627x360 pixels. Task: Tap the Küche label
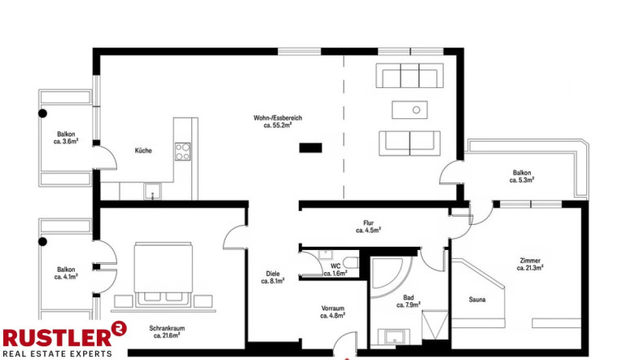(x=143, y=151)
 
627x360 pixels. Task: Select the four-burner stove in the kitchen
(x=182, y=151)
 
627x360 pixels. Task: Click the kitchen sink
(x=152, y=191)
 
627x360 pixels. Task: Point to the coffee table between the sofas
(x=410, y=110)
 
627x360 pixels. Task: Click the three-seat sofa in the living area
(x=410, y=75)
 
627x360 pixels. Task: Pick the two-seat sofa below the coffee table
(x=410, y=143)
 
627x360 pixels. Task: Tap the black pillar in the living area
(x=311, y=147)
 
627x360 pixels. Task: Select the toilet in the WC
(x=352, y=262)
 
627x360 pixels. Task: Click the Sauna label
(x=477, y=299)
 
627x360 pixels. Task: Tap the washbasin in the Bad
(x=394, y=337)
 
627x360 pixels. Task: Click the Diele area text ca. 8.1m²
(x=273, y=281)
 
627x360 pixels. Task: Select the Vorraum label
(x=333, y=309)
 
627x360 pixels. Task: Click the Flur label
(x=368, y=223)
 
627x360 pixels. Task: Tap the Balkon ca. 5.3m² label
(x=522, y=177)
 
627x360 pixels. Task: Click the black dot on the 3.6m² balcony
(x=43, y=113)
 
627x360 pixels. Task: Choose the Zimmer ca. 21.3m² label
(x=530, y=264)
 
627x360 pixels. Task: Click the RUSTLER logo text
(x=58, y=338)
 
